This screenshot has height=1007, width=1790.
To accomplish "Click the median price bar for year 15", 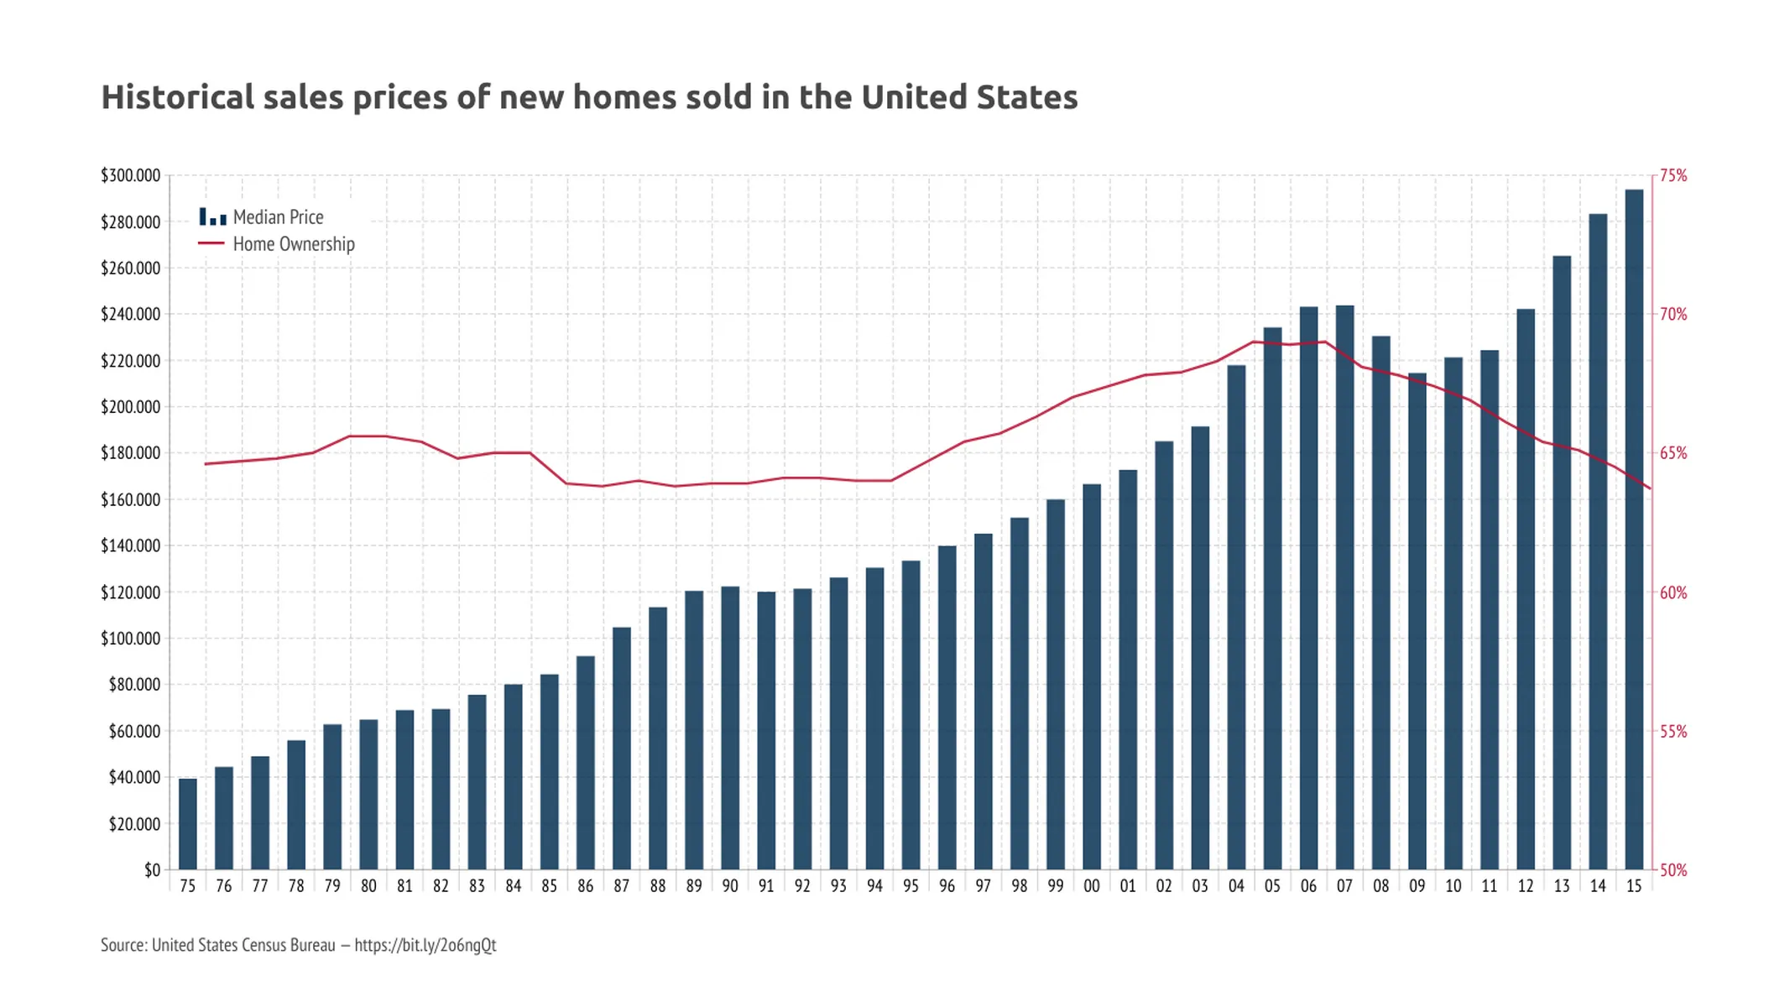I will (x=1634, y=529).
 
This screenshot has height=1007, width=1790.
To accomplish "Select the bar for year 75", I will (x=188, y=824).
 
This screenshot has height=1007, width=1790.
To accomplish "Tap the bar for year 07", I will (x=1344, y=587).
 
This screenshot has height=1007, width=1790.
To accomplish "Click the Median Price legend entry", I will (x=278, y=217).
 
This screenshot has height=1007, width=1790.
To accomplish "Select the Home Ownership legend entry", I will (x=293, y=244).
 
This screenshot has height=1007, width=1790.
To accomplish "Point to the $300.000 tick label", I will (x=130, y=175).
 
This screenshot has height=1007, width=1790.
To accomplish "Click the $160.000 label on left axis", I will (x=130, y=499).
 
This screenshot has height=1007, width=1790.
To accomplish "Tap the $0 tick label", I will (x=152, y=870).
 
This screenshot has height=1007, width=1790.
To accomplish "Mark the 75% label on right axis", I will (x=1673, y=175).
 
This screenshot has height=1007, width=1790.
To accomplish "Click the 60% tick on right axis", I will (x=1673, y=592).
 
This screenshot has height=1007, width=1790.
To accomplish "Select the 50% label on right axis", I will (x=1673, y=870).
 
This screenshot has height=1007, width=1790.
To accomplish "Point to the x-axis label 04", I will (x=1236, y=886).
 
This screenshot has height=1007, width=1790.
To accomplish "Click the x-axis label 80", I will (x=368, y=886).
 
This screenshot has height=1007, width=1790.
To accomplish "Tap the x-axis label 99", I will (x=1055, y=886).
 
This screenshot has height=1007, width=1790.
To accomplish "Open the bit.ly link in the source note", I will (x=425, y=945).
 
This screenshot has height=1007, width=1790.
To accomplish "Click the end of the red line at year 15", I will (x=1650, y=488).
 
